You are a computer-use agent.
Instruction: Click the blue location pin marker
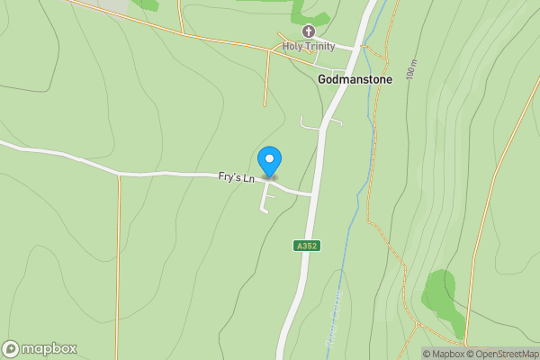(x=269, y=160)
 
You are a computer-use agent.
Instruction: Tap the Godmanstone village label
(x=354, y=79)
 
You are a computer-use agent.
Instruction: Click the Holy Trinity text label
(x=309, y=46)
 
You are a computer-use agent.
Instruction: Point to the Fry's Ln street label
(x=237, y=178)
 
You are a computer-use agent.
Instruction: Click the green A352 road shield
(x=307, y=245)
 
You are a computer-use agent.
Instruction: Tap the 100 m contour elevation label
(x=412, y=70)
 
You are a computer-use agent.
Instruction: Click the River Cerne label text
(x=338, y=301)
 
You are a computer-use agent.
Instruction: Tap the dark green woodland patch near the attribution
(x=444, y=292)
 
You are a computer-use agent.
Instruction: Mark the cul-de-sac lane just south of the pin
(x=265, y=199)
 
